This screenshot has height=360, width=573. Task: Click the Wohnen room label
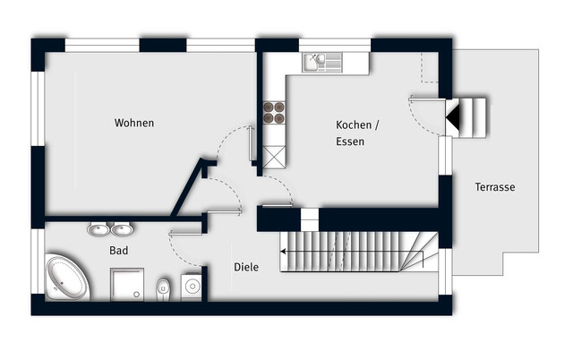pyautogui.click(x=134, y=123)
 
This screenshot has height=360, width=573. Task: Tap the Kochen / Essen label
pyautogui.click(x=357, y=133)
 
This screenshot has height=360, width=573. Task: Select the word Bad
pyautogui.click(x=119, y=252)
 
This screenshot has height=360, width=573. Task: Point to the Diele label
pyautogui.click(x=246, y=267)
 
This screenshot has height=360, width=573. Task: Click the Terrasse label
pyautogui.click(x=495, y=187)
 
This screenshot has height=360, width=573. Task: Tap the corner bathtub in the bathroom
pyautogui.click(x=66, y=278)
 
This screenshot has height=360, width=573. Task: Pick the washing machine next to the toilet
pyautogui.click(x=191, y=285)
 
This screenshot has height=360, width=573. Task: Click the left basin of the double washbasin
pyautogui.click(x=97, y=229)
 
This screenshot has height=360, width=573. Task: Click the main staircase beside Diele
pyautogui.click(x=358, y=252)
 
